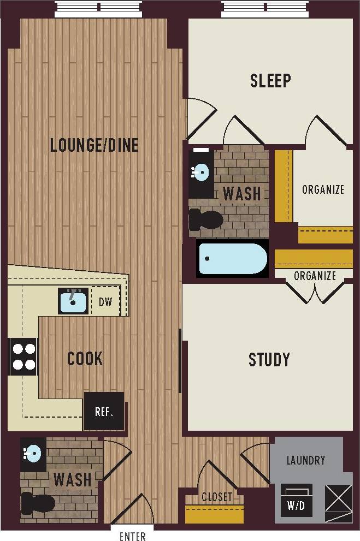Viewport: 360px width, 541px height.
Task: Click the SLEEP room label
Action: pyautogui.click(x=270, y=81)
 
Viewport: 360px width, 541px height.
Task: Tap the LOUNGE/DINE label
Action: pyautogui.click(x=94, y=145)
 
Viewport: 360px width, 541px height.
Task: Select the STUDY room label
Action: pyautogui.click(x=269, y=360)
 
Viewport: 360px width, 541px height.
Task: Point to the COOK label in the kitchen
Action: pyautogui.click(x=85, y=359)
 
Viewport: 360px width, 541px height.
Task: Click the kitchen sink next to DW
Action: pyautogui.click(x=73, y=301)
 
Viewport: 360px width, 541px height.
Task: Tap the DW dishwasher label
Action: pyautogui.click(x=105, y=302)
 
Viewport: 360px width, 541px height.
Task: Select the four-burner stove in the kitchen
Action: pyautogui.click(x=23, y=356)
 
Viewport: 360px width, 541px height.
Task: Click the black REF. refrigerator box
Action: pyautogui.click(x=104, y=411)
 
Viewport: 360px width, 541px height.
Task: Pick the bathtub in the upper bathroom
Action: pyautogui.click(x=232, y=259)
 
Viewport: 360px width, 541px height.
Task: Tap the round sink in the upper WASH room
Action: pyautogui.click(x=200, y=173)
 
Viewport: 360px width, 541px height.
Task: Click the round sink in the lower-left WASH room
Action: pyautogui.click(x=33, y=454)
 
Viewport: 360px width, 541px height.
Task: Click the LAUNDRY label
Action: pyautogui.click(x=305, y=460)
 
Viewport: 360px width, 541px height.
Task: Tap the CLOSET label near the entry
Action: pyautogui.click(x=217, y=497)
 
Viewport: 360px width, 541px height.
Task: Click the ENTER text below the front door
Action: pyautogui.click(x=133, y=536)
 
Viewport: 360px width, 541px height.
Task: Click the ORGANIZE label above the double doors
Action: pyautogui.click(x=315, y=276)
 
